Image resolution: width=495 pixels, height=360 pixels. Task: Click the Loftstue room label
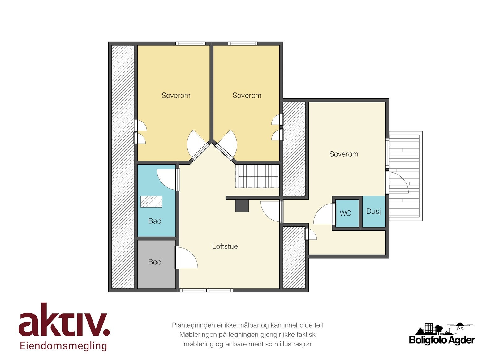[x=225, y=246]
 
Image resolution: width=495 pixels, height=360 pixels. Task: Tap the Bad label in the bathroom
[x=155, y=221]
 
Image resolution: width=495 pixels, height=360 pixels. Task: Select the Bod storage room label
[x=155, y=262]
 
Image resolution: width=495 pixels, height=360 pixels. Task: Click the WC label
[x=345, y=213]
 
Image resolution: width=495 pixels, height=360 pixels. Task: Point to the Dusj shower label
[x=373, y=212]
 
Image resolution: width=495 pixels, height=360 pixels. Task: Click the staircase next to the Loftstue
[x=257, y=176]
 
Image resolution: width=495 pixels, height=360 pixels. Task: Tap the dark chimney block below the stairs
[x=242, y=206]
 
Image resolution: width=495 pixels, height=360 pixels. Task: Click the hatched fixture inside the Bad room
[x=151, y=202]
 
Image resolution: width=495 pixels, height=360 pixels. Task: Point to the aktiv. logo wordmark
[x=64, y=320]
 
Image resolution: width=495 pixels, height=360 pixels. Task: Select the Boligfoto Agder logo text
[x=442, y=340]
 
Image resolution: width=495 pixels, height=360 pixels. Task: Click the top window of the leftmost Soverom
[x=191, y=44]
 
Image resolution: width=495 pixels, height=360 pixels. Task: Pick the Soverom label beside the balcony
[x=344, y=154]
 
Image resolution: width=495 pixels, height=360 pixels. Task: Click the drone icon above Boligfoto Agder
[x=460, y=326]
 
